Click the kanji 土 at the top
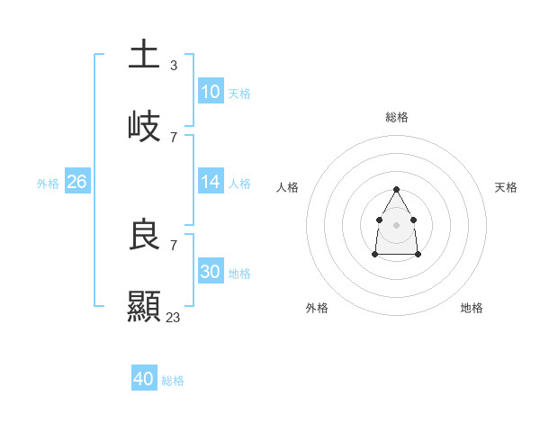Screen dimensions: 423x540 pos(144,54)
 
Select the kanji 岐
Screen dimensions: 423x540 pos(144,125)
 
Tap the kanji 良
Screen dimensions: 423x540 pos(144,235)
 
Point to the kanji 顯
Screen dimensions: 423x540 pos(144,306)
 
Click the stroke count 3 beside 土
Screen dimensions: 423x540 pos(174,65)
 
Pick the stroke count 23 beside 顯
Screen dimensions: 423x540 pos(174,317)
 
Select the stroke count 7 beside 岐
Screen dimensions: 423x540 pos(174,137)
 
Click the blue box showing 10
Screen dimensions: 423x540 pos(210,92)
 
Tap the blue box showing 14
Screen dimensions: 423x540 pos(210,182)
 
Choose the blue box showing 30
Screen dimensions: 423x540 pos(210,272)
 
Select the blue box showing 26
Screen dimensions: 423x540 pos(76,182)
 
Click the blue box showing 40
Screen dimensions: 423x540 pos(144,379)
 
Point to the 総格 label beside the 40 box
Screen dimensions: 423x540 pos(173,381)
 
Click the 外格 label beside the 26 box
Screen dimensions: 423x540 pos(48,184)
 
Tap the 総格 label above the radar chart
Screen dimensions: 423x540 pos(397,117)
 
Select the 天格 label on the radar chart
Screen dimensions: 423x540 pos(506,187)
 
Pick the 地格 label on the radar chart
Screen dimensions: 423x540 pos(472,308)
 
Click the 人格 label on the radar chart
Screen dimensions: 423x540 pos(288,187)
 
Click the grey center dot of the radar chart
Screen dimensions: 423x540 pos(396,223)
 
